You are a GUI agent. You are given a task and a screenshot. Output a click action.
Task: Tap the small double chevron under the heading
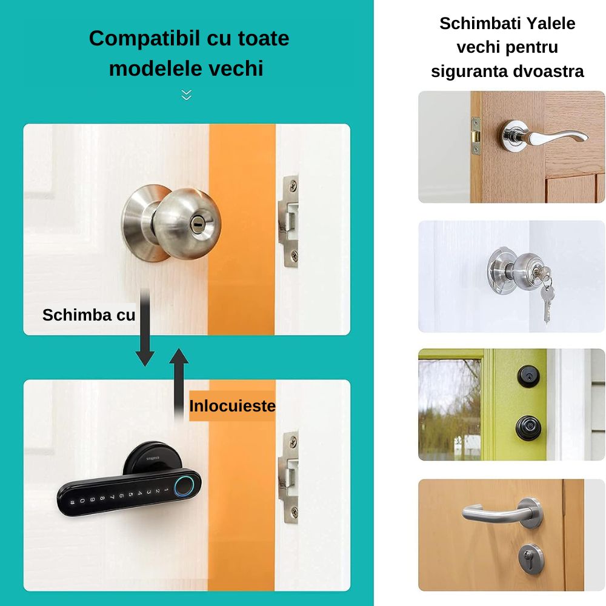186,95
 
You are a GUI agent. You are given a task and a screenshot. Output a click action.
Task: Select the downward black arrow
145,330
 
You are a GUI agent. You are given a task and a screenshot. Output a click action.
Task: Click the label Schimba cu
88,315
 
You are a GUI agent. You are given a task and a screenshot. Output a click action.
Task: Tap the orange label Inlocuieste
232,406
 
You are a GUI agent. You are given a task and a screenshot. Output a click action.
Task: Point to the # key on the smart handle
73,502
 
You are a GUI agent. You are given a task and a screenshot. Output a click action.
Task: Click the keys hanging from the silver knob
547,297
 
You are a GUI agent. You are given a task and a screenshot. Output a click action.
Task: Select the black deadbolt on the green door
528,376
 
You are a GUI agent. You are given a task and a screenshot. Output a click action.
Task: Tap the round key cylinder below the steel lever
530,557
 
